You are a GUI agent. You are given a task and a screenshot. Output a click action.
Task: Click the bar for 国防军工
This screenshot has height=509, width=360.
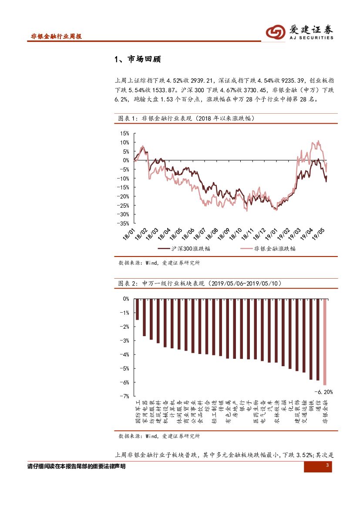tap(137, 309)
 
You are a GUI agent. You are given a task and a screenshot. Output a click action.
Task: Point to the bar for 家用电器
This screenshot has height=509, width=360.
tap(144, 317)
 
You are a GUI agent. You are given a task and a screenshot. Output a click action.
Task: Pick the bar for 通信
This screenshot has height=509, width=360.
tap(318, 339)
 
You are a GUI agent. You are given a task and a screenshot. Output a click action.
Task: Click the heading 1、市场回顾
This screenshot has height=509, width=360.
tap(137, 59)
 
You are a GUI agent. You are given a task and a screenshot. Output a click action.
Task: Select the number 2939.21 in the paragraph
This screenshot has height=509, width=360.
tap(203, 81)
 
